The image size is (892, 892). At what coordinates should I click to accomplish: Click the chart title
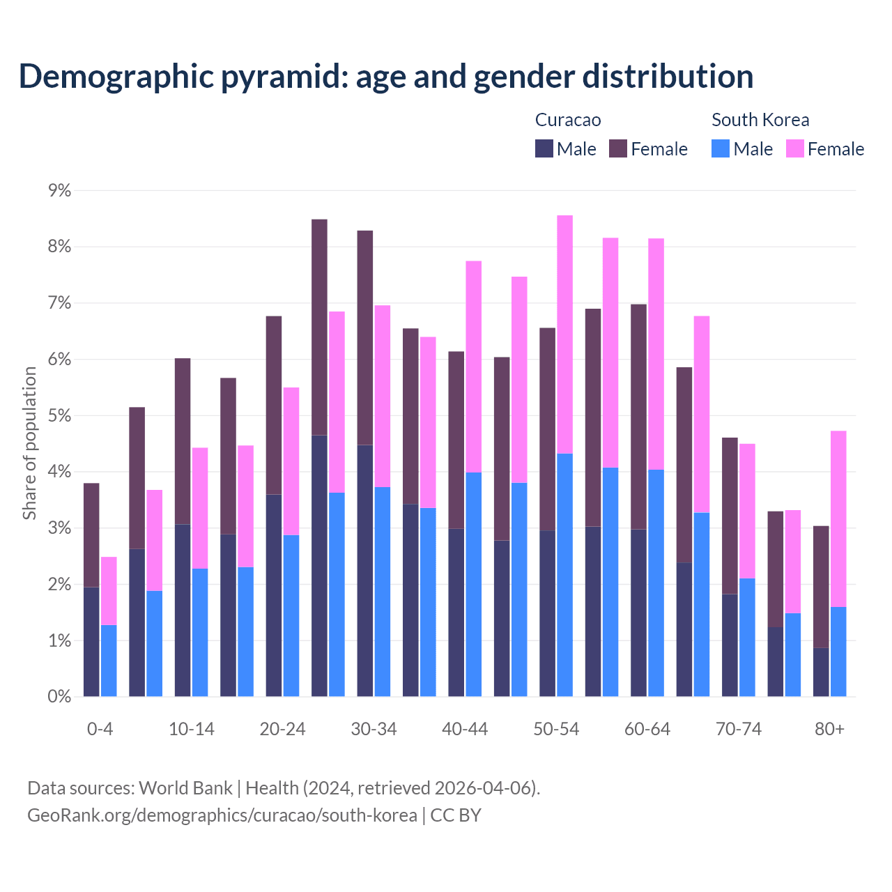[x=385, y=77]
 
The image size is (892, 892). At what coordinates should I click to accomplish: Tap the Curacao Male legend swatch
[x=544, y=148]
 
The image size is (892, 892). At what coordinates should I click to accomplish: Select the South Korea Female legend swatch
[x=794, y=148]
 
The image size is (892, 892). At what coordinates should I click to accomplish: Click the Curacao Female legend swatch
[x=618, y=148]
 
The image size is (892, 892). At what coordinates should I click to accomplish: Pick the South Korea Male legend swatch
[x=721, y=148]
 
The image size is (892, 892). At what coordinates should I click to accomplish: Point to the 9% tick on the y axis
[x=59, y=190]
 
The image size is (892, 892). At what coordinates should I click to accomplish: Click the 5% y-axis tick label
[x=59, y=416]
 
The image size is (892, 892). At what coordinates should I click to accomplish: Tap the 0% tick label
[x=59, y=697]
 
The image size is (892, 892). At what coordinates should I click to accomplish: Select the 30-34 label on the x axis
[x=374, y=729]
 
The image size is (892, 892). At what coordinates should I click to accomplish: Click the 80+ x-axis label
[x=829, y=729]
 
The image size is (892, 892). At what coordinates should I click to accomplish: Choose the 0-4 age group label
[x=100, y=729]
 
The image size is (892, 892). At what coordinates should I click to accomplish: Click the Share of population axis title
[x=29, y=443]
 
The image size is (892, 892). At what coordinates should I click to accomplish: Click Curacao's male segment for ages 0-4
[x=91, y=642]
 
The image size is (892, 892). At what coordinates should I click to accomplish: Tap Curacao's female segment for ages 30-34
[x=365, y=337]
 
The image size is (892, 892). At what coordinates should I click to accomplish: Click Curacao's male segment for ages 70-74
[x=730, y=645]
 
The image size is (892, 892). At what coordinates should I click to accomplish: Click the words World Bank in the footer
[x=185, y=788]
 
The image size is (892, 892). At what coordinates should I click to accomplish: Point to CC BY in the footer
[x=456, y=815]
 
